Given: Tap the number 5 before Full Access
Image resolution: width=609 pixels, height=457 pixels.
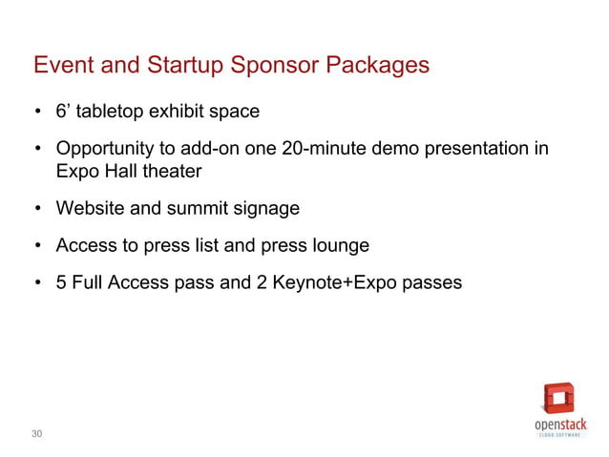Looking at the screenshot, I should (x=61, y=283).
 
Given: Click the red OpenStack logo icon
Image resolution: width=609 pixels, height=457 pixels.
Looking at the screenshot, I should (x=559, y=397).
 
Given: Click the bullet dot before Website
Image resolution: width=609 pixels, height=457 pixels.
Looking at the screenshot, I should (x=38, y=209).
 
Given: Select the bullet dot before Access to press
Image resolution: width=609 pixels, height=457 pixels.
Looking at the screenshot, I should (x=38, y=246).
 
